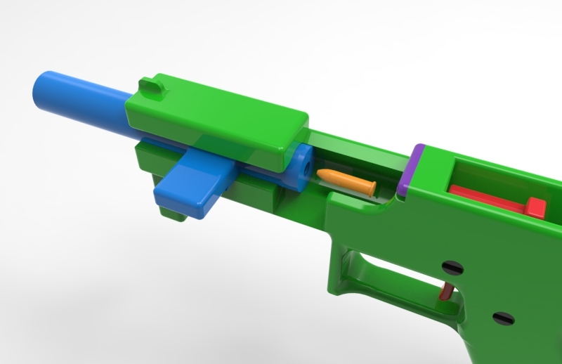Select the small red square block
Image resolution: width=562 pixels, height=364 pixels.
coord(535,207)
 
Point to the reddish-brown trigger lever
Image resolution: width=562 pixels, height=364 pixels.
coord(446,290)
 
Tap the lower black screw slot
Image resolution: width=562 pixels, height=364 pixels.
coord(502,318)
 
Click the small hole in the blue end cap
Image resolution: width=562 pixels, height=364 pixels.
coord(307,168)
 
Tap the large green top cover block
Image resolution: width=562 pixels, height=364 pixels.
coord(218,119)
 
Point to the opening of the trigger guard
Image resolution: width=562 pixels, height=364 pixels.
coord(393,274)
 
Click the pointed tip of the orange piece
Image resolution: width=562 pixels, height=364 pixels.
coord(320,173)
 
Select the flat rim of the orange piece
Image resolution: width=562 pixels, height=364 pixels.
coord(370,186)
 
